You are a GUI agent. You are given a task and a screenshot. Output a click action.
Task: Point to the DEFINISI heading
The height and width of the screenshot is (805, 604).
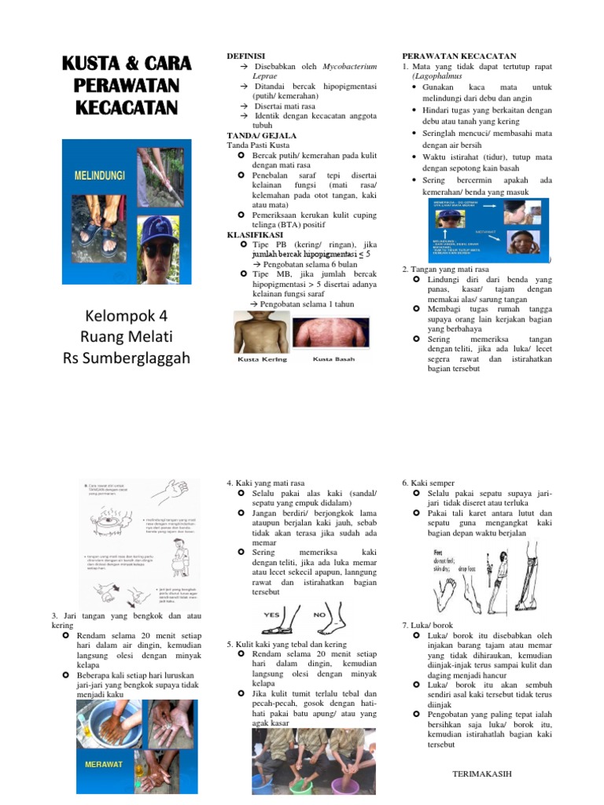246,57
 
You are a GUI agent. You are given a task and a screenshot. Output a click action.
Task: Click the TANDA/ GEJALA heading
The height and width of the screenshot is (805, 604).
256,135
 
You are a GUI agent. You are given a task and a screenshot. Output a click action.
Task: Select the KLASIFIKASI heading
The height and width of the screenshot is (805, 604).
256,234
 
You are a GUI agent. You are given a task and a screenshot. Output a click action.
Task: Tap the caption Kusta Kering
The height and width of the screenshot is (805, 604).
262,359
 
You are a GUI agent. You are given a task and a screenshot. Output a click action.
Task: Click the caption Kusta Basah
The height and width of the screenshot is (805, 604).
333,359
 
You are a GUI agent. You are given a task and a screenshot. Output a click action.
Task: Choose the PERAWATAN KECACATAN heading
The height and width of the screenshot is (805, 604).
459,57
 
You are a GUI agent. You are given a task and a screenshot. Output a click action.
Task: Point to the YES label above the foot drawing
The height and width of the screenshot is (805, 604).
272,614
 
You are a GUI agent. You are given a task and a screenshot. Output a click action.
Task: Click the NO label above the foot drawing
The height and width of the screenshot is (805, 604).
320,614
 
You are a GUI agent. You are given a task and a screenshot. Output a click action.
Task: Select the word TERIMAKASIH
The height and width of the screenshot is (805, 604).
482,774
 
